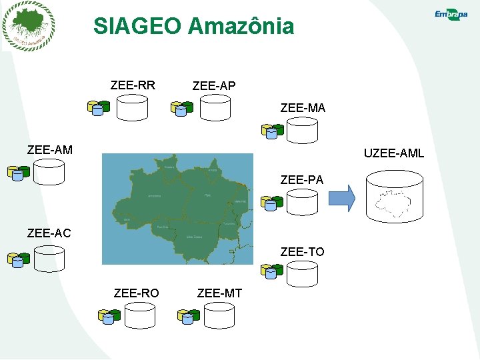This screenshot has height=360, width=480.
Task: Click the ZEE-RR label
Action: [133, 85]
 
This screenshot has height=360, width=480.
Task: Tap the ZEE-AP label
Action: [213, 86]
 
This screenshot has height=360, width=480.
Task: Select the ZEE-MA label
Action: [303, 107]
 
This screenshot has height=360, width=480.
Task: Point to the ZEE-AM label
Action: [50, 150]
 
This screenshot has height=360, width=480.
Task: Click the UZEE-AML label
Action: [393, 154]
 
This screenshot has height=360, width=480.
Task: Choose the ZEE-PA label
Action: [302, 179]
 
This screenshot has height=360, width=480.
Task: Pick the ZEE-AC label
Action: [49, 233]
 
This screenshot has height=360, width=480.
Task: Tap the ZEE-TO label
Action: [302, 251]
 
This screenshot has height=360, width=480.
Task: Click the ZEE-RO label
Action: [136, 293]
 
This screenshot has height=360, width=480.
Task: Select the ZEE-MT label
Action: [220, 293]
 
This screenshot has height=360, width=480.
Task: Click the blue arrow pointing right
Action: [343, 197]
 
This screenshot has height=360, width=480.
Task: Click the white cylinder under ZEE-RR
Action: [132, 107]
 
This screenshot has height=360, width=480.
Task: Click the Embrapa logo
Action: [451, 15]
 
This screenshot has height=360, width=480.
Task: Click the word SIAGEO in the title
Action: [137, 26]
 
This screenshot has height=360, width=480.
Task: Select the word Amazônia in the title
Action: [241, 26]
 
